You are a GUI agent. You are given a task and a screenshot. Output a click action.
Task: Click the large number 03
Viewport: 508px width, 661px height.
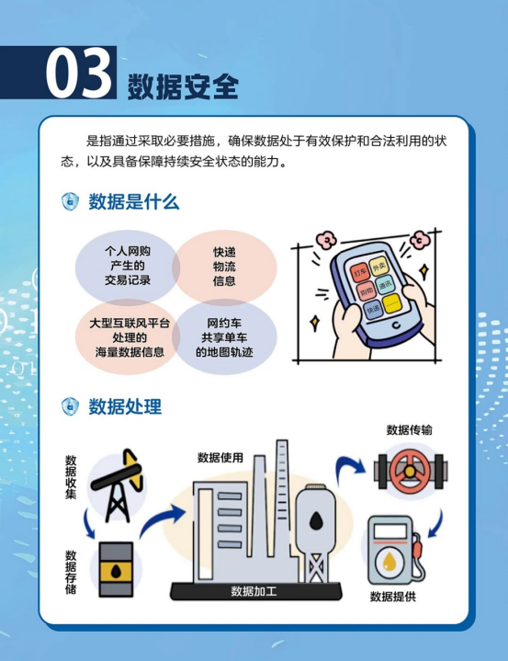click(x=79, y=72)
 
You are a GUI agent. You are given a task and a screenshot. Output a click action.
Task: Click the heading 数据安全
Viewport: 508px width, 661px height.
click(x=183, y=86)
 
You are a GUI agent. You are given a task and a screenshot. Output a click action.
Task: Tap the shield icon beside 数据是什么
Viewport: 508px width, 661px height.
click(x=70, y=201)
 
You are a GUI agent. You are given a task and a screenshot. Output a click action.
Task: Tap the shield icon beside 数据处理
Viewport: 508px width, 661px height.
click(x=70, y=406)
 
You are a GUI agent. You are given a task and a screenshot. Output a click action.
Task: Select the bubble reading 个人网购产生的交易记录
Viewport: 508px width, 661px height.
click(x=128, y=266)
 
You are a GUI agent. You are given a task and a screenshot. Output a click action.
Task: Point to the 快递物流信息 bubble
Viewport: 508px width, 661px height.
click(x=224, y=266)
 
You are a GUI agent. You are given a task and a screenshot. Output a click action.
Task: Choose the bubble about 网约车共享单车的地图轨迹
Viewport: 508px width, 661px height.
click(x=224, y=337)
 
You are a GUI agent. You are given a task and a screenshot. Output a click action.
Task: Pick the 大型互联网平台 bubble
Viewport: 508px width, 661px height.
click(x=128, y=337)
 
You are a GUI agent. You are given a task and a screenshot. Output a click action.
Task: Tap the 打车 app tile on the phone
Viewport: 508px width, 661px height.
click(x=360, y=272)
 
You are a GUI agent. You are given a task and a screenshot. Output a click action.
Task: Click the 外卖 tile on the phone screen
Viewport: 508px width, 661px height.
click(x=378, y=266)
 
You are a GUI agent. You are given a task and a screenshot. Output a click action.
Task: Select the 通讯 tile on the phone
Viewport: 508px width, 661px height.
click(x=385, y=285)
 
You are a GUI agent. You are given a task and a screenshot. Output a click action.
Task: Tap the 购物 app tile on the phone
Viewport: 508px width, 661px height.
click(x=367, y=291)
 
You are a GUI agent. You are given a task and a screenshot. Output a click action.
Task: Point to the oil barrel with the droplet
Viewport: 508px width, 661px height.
click(x=117, y=569)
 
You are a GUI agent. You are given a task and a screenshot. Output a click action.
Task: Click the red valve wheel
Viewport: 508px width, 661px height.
click(x=410, y=472)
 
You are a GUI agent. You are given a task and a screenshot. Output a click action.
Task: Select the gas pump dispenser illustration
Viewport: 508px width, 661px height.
click(x=395, y=550)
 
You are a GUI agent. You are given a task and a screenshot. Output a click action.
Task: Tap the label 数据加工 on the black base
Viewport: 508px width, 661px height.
click(x=254, y=591)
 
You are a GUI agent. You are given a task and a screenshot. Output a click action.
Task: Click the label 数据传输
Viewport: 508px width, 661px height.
click(x=410, y=430)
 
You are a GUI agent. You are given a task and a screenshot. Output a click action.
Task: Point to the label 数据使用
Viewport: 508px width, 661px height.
click(x=220, y=458)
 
